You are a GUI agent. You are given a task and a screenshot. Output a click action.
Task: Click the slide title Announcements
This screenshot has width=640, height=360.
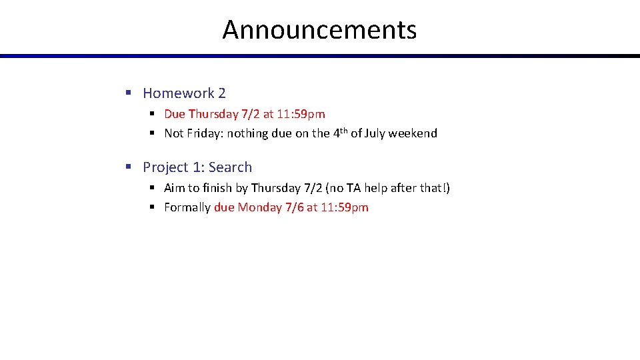319,30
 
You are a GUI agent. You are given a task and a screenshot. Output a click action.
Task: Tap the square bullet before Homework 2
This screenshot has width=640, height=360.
129,93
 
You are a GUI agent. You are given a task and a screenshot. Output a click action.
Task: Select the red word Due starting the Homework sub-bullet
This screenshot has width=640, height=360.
175,114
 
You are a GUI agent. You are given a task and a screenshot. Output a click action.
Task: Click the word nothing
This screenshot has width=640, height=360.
248,133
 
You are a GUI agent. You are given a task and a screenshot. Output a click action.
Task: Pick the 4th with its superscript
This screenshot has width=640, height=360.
339,133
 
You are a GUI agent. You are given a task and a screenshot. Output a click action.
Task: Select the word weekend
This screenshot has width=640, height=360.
413,133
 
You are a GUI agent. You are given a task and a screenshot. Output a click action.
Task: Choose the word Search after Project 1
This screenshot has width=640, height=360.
231,167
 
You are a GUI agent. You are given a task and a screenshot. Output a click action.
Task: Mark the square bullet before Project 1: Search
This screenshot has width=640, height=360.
129,167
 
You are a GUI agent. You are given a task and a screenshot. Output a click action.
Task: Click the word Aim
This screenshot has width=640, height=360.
174,188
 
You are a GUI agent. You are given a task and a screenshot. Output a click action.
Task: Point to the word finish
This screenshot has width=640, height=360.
217,188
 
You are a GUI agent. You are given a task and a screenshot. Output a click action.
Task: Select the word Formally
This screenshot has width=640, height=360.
187,207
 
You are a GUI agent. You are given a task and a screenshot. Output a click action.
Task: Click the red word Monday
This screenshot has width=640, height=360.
259,207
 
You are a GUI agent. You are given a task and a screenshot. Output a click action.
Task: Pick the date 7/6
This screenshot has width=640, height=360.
294,207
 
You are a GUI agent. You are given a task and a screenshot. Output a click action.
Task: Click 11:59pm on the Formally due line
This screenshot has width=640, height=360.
344,207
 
